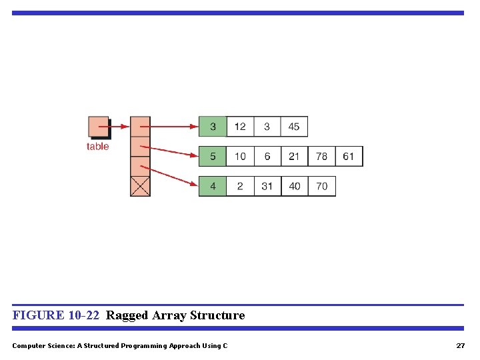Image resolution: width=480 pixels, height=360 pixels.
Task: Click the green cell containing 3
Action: point(213,127)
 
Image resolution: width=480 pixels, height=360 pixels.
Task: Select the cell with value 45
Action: point(294,127)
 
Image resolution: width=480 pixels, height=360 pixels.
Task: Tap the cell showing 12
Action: point(240,127)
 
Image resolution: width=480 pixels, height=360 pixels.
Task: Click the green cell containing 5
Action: point(213,157)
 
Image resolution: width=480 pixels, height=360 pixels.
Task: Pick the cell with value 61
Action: point(349,157)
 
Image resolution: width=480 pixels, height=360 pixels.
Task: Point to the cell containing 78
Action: point(321,157)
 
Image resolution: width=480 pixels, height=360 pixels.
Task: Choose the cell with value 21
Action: point(294,157)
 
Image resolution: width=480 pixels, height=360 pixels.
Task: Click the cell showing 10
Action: point(240,157)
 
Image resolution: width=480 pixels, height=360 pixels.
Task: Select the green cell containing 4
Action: point(213,187)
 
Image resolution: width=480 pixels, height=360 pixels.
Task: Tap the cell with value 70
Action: point(322,187)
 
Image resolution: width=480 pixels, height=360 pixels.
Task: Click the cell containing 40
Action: point(295,187)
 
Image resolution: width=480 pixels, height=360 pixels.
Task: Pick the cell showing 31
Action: point(267,187)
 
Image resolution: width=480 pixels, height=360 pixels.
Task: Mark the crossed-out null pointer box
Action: point(140,186)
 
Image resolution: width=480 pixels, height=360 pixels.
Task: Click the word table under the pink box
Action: point(97,147)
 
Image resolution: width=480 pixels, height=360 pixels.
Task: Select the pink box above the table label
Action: point(98,127)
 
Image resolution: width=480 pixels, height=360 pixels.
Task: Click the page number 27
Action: point(460,346)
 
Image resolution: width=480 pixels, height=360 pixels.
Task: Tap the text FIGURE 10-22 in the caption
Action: point(56,315)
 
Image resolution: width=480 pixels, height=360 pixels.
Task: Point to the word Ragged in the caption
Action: point(127,315)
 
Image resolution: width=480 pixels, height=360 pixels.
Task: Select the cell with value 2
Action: point(240,187)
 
